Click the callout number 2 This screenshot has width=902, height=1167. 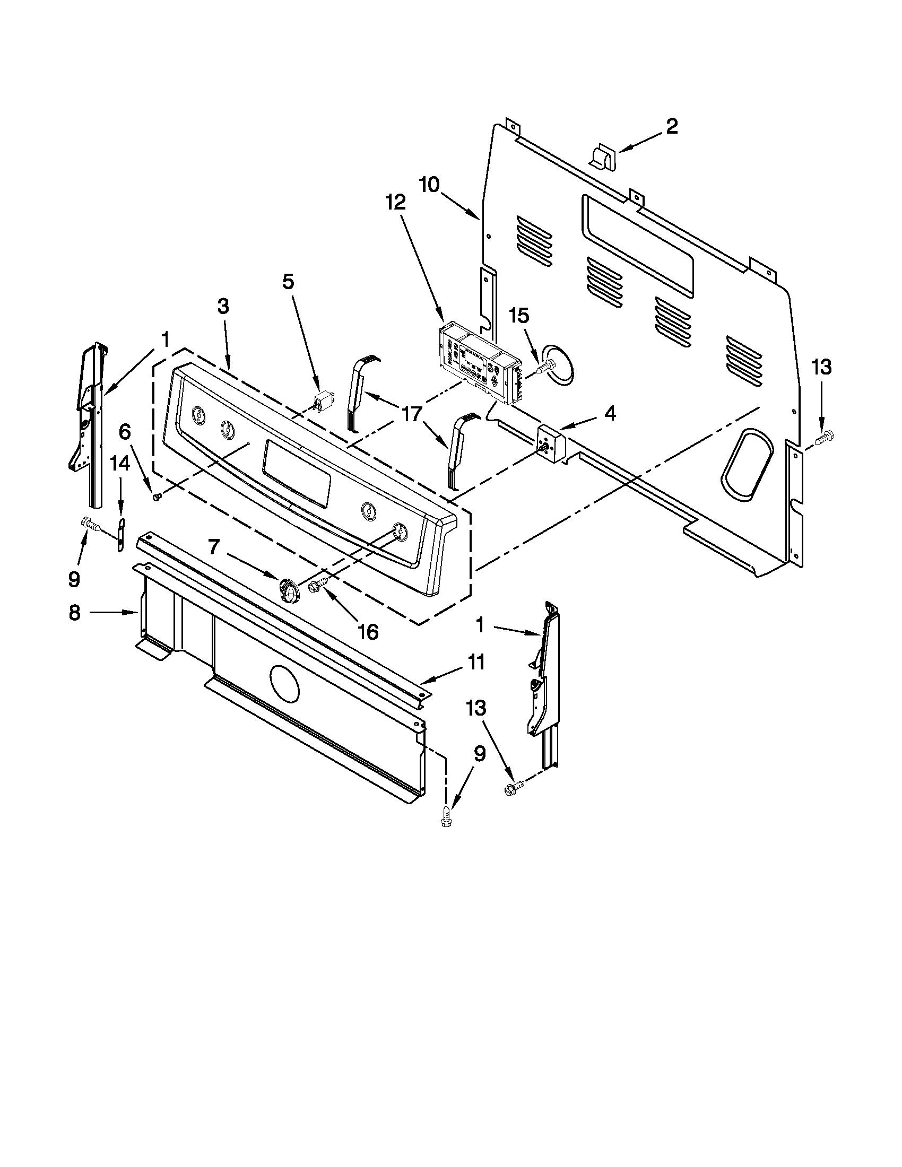click(x=672, y=127)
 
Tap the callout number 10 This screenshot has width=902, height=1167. click(x=429, y=185)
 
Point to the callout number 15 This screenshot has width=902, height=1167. click(x=519, y=316)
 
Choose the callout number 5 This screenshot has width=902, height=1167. click(x=288, y=282)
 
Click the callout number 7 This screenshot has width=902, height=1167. click(x=213, y=548)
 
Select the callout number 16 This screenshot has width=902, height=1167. click(x=368, y=632)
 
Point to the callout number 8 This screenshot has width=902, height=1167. click(x=74, y=613)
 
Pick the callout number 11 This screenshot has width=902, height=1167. click(x=475, y=663)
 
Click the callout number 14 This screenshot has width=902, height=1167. click(x=120, y=463)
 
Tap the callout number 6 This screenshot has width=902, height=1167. click(x=125, y=431)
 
